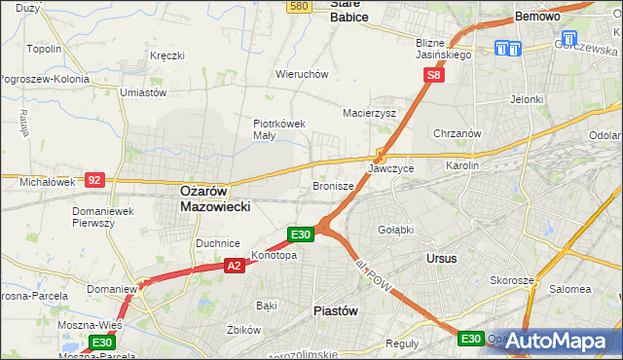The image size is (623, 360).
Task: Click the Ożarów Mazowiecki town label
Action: [x=216, y=199]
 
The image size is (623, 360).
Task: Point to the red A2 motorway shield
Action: [x=234, y=265]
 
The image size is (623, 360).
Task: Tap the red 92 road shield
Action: [x=94, y=180]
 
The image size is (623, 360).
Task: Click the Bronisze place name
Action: [x=333, y=185]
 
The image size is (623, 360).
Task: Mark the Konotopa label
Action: [x=275, y=256]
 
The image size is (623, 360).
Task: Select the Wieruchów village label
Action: [x=302, y=74]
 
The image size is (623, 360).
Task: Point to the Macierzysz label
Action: [x=368, y=113]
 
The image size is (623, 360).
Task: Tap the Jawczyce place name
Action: [x=391, y=168]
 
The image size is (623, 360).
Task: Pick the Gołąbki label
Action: [x=396, y=230]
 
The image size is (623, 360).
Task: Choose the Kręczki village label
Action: [x=166, y=55]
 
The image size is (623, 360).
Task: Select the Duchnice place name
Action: [x=217, y=243]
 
